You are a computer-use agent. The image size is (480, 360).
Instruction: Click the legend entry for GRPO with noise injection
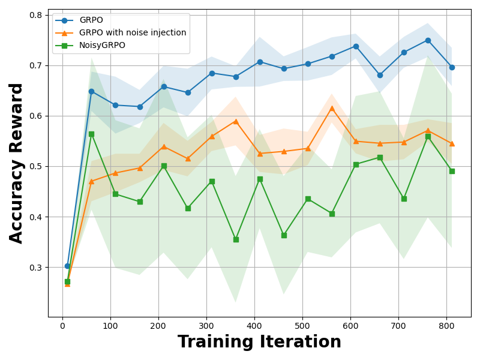pos(132,33)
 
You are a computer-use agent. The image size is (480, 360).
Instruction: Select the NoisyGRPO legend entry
pos(102,46)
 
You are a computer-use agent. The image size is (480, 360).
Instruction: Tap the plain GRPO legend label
pos(91,20)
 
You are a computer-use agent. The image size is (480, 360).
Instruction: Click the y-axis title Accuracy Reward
pos(16,163)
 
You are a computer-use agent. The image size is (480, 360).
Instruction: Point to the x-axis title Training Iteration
pos(259,342)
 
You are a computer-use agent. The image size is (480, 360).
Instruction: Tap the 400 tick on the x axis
pos(254,326)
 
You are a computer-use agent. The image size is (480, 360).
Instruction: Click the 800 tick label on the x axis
pos(446,326)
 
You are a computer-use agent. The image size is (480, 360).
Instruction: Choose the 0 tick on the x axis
pos(62,326)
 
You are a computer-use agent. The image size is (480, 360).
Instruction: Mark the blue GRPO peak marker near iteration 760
pos(428,40)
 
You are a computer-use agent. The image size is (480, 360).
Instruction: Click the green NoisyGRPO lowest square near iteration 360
pos(236,239)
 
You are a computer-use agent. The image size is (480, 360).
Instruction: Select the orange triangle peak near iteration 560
pos(332,108)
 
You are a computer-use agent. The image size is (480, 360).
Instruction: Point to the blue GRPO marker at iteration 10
pos(67,266)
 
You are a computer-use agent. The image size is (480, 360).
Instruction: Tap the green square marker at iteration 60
pos(91,134)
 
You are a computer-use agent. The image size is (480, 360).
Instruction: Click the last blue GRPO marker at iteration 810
pos(452,67)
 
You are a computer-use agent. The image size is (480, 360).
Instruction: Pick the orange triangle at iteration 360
pos(236,121)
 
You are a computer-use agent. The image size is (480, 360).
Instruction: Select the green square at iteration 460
pos(284,235)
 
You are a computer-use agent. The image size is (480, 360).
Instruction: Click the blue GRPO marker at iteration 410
pos(260,62)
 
